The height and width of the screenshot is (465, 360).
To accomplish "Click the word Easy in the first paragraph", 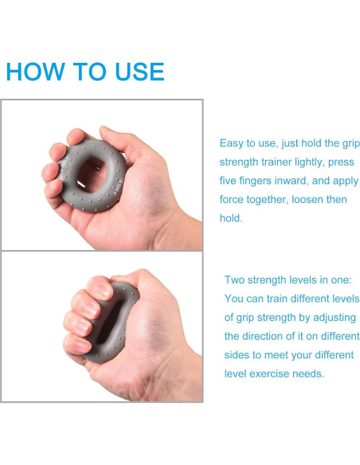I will point(233,143).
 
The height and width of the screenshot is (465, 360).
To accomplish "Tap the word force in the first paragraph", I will point(233,199).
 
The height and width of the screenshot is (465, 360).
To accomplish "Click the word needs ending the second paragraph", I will point(310,373).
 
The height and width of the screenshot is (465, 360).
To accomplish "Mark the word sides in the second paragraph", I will point(239,355).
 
